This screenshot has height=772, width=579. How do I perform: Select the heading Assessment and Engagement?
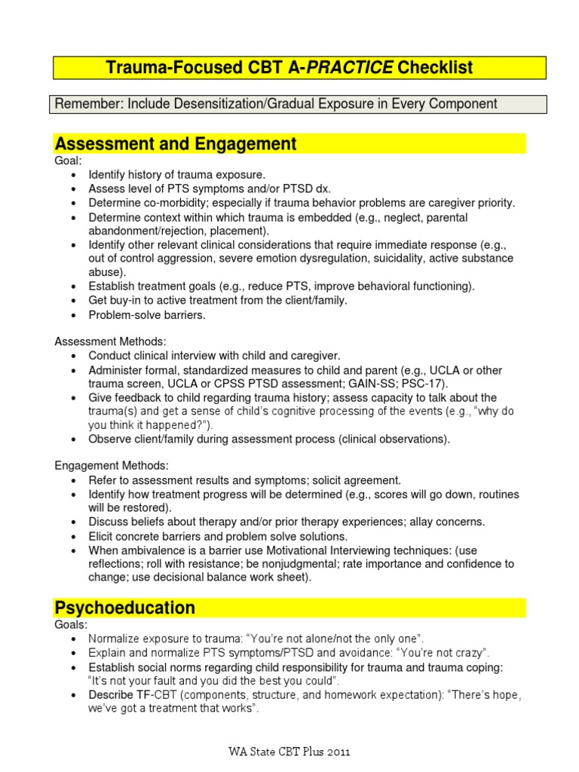click(x=175, y=144)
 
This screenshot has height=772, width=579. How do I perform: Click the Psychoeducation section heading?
click(x=124, y=608)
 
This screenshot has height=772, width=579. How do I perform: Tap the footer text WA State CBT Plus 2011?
click(x=289, y=751)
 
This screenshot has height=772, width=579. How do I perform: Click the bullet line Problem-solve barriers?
click(x=147, y=315)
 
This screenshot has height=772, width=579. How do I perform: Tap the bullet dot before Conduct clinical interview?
click(x=72, y=355)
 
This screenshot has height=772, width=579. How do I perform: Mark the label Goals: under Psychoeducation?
click(x=71, y=625)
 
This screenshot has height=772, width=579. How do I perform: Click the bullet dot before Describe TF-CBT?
click(x=72, y=694)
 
